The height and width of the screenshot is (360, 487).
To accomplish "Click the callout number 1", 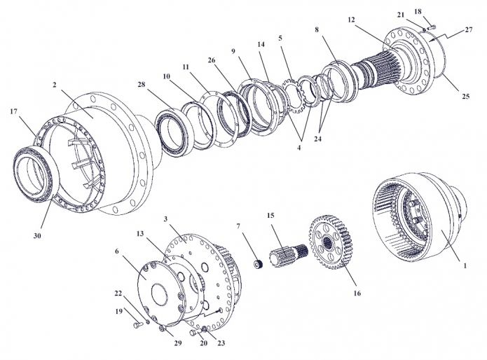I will point(463,266).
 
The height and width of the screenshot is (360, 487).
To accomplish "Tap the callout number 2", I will point(54,85).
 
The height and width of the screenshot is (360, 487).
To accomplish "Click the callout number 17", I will point(13,111).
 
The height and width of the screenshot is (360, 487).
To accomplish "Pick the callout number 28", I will point(142,85).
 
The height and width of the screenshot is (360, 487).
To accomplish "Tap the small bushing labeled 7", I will point(257,263).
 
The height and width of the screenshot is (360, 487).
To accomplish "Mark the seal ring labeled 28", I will point(170,129).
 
